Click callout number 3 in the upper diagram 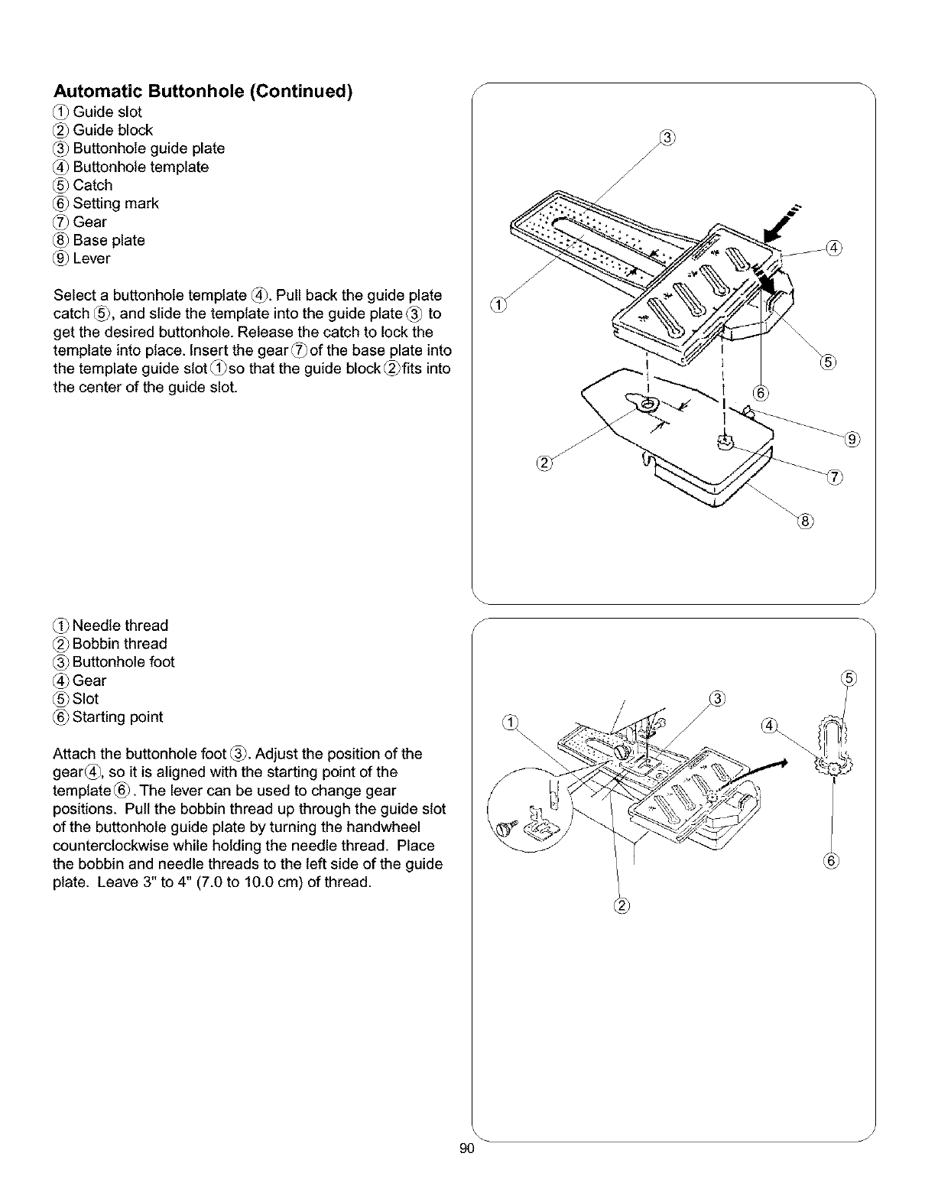pyautogui.click(x=667, y=138)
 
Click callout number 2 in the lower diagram pyautogui.click(x=620, y=908)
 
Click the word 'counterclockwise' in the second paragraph pyautogui.click(x=109, y=846)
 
